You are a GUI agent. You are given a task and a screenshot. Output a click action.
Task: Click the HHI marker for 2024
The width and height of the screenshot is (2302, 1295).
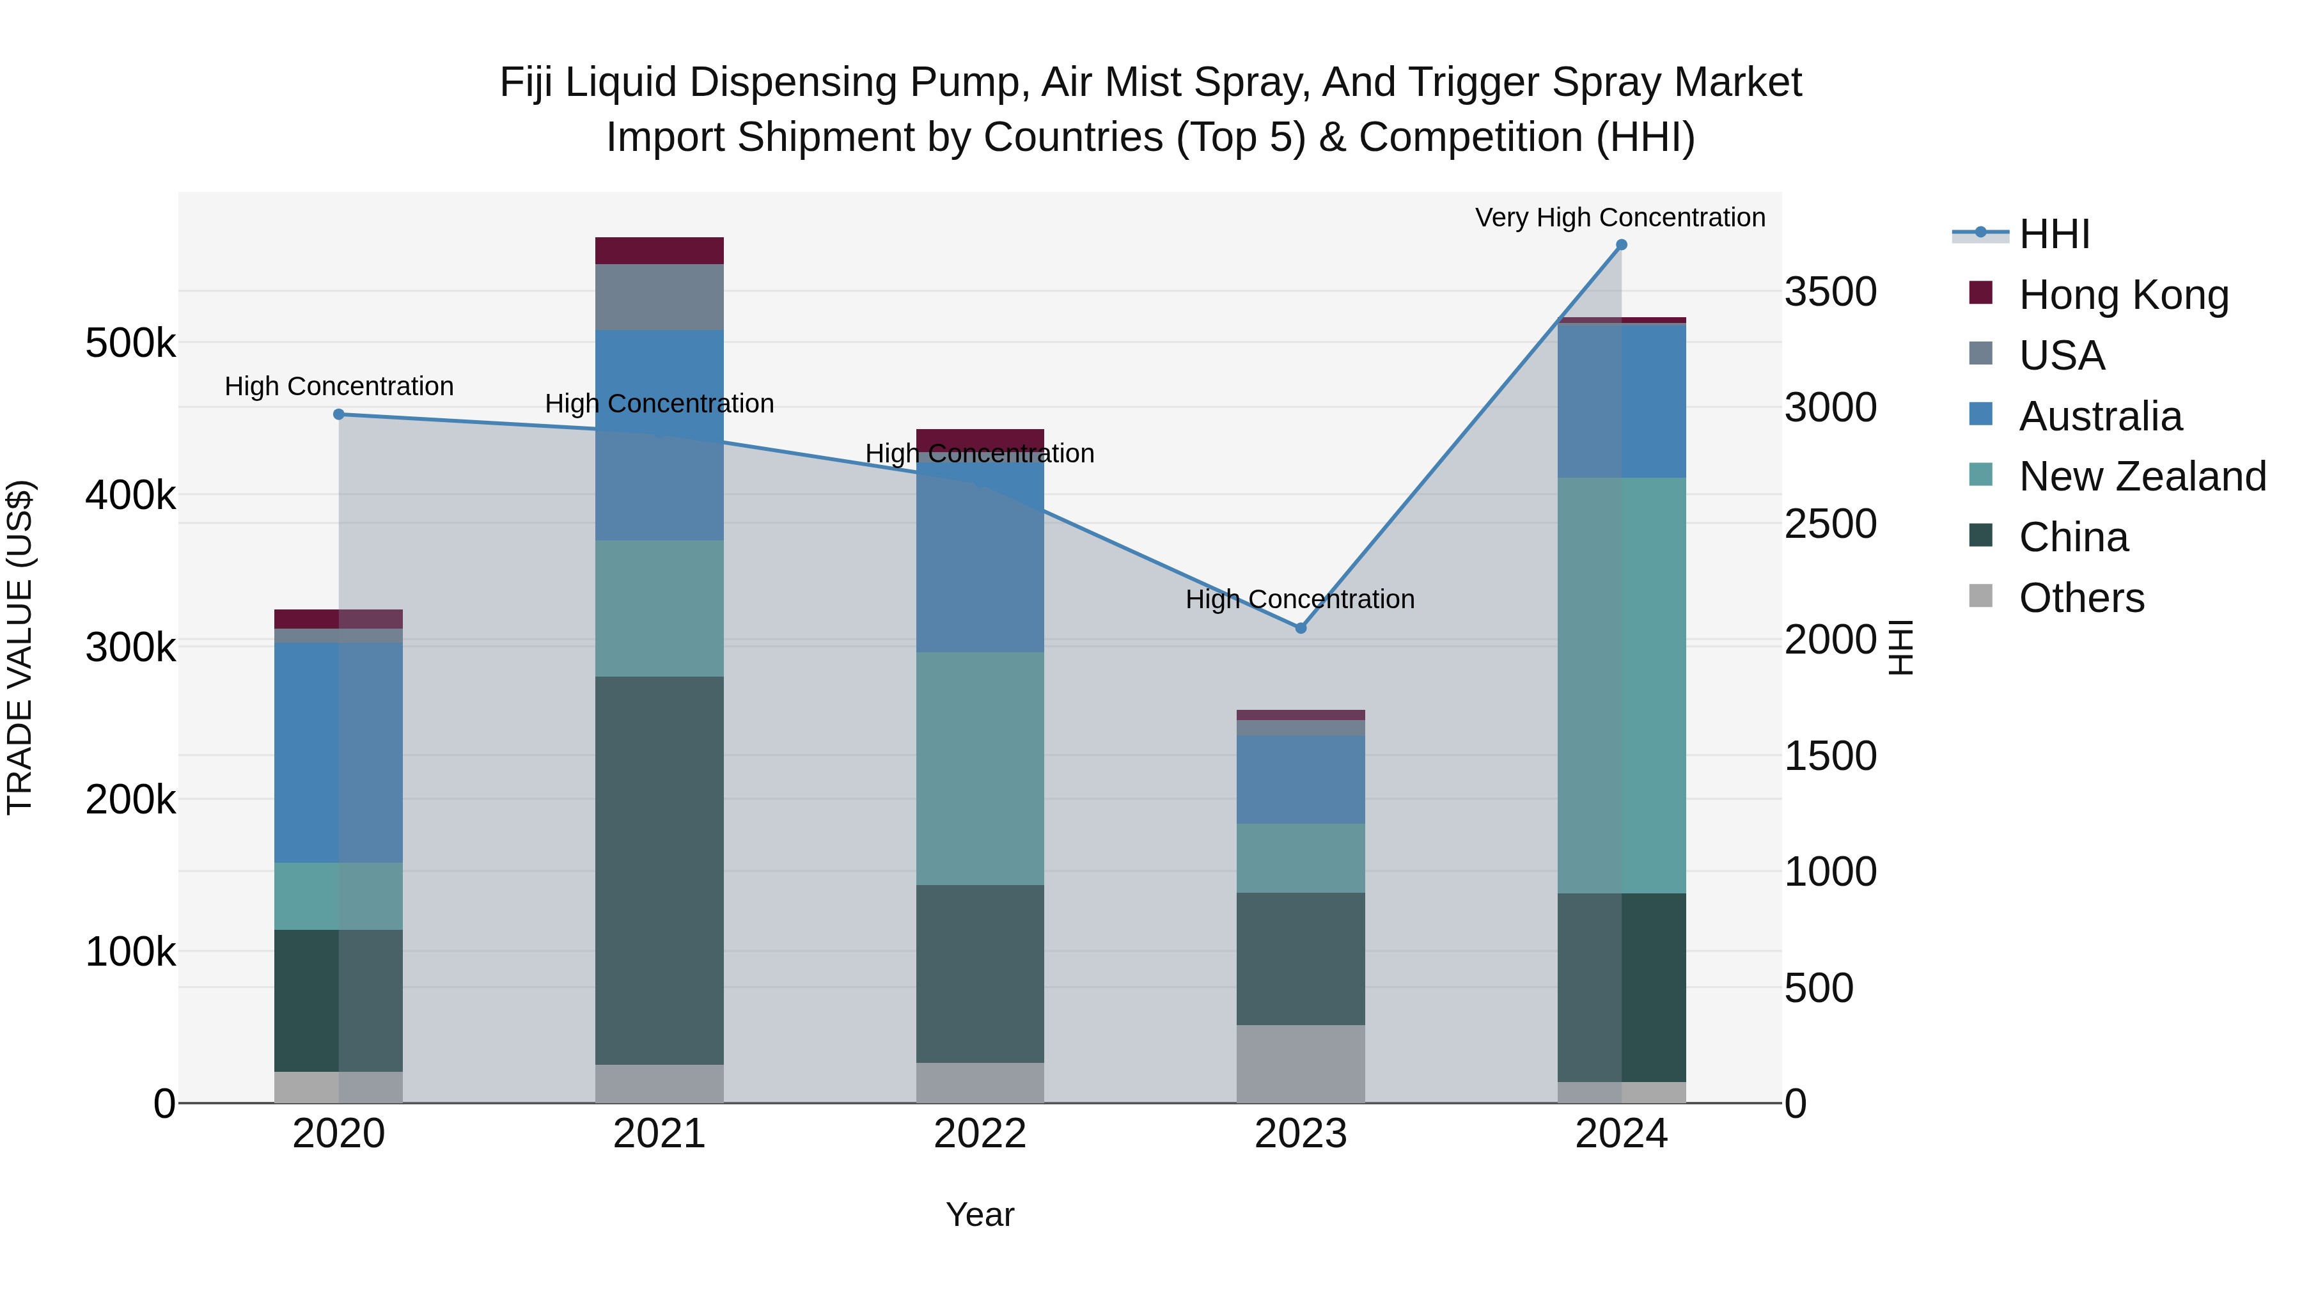[x=1621, y=245]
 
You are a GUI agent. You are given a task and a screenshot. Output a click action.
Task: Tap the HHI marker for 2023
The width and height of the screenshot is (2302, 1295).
[x=1300, y=628]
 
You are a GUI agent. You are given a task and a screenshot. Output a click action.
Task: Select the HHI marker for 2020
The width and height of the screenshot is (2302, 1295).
[x=339, y=414]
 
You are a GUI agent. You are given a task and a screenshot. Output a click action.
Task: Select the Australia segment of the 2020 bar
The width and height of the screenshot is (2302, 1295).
[x=339, y=753]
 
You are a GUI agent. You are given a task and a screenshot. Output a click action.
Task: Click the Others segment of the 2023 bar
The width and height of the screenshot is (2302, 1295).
[x=1300, y=1063]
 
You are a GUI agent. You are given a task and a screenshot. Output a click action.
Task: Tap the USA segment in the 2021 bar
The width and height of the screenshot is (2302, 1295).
[x=659, y=297]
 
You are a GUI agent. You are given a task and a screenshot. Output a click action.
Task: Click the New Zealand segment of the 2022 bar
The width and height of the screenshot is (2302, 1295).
[x=980, y=769]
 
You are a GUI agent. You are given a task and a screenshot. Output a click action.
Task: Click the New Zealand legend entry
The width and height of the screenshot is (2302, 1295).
[x=2142, y=476]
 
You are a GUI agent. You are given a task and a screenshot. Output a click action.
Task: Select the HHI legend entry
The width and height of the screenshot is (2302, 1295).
[x=2053, y=234]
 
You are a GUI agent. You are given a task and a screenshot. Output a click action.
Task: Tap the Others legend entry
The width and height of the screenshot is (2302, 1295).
[x=2081, y=598]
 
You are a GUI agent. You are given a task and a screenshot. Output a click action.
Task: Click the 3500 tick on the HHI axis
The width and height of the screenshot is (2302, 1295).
[x=1830, y=292]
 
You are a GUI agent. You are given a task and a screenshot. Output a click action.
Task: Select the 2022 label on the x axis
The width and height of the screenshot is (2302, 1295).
[x=980, y=1134]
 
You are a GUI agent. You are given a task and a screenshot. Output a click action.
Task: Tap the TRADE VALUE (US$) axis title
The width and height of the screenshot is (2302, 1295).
[x=20, y=647]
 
